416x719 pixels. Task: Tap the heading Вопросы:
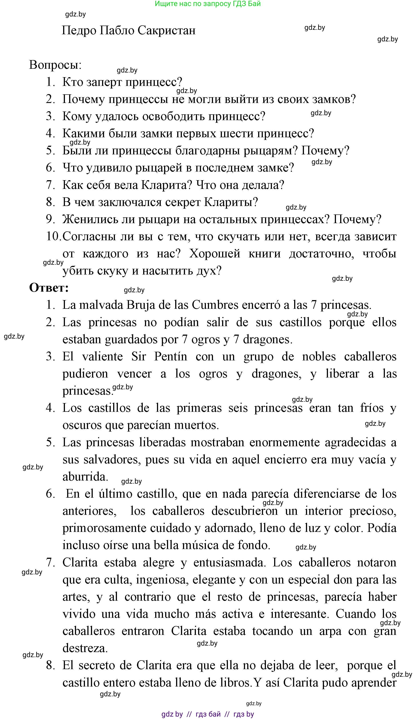[55, 65]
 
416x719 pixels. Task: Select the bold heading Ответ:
[49, 288]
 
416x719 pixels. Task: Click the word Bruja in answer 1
[141, 305]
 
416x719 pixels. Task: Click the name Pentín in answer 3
[171, 356]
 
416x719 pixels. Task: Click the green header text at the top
[208, 4]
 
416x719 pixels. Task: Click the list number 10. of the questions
[53, 236]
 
